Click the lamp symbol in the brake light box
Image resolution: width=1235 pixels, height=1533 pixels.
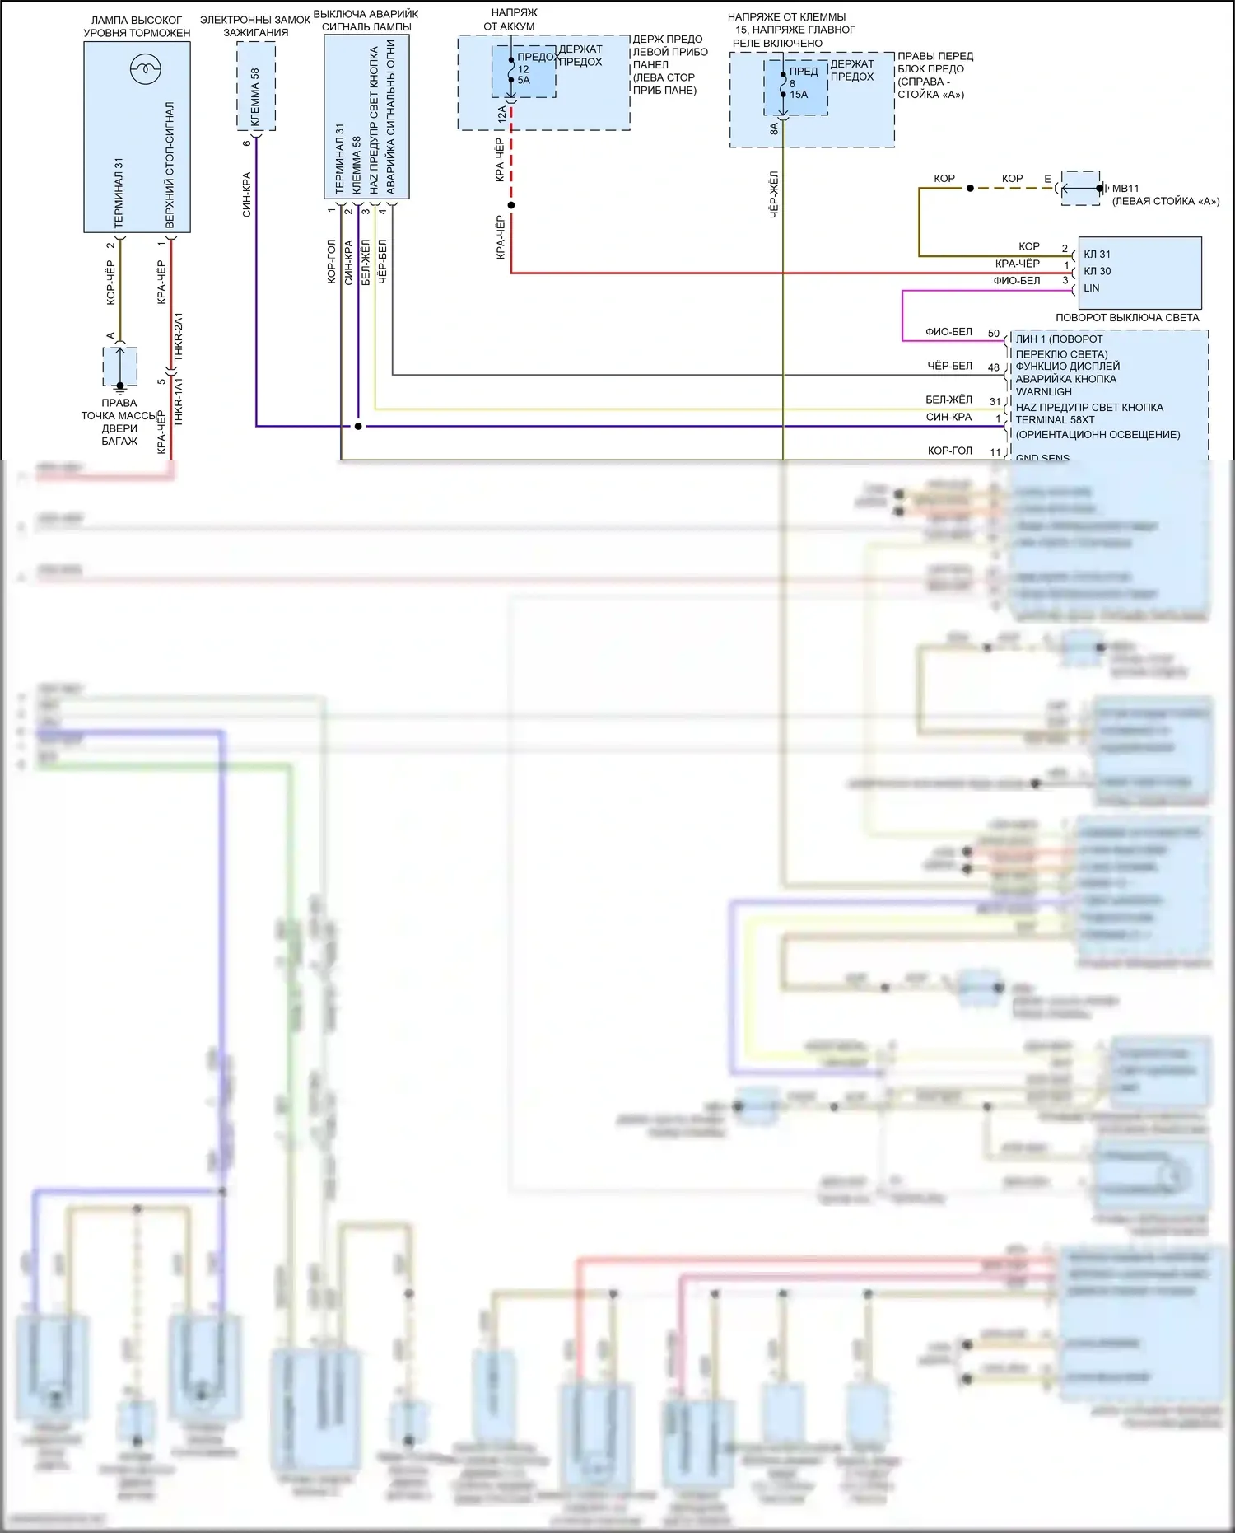tap(145, 69)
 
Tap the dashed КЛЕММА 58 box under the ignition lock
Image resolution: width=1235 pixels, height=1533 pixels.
tap(256, 86)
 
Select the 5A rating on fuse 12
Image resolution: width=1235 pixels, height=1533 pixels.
tap(524, 81)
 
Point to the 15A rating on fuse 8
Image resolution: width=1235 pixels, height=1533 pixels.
tap(799, 95)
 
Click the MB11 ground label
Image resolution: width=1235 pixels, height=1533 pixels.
tap(1125, 189)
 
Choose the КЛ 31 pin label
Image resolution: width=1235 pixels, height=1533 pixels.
tap(1097, 255)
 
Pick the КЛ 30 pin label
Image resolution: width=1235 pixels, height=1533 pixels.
tap(1097, 271)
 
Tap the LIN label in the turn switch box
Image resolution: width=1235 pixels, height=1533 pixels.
tap(1092, 288)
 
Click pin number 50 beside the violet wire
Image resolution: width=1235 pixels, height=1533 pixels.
tap(994, 334)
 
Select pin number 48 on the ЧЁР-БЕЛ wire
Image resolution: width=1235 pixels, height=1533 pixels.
tap(994, 367)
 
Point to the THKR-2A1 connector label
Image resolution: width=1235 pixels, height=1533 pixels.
tap(179, 337)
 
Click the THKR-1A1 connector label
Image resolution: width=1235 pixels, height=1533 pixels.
tap(179, 402)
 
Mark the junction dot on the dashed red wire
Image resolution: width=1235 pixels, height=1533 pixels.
tap(511, 205)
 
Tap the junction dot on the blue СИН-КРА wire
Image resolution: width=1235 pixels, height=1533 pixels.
tap(358, 426)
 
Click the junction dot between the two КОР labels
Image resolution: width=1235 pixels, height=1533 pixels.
tap(970, 189)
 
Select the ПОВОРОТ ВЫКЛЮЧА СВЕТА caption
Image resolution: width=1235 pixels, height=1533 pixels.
tap(1127, 318)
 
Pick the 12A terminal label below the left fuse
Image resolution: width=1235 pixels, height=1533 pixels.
tap(501, 115)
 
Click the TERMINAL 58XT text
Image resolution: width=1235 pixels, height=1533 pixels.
tap(1055, 420)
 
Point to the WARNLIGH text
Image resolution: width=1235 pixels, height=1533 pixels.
tap(1043, 392)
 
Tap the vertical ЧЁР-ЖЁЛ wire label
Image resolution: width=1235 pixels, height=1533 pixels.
tap(774, 194)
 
